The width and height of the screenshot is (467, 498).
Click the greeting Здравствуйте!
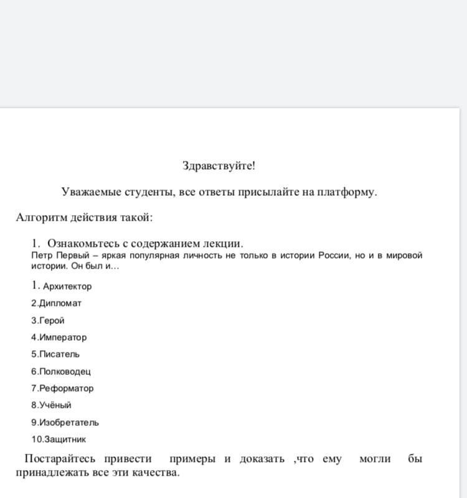(219, 166)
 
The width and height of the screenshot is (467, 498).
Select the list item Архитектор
(67, 287)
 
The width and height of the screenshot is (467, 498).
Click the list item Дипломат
(60, 303)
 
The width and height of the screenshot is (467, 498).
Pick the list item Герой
(52, 321)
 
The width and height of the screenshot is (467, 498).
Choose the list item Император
(63, 338)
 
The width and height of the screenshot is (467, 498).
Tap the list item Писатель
(59, 354)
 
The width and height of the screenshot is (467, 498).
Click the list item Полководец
(65, 372)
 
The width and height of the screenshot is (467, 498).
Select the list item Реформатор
(66, 389)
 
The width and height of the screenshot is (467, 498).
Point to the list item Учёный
(55, 405)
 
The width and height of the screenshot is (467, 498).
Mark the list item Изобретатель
(68, 423)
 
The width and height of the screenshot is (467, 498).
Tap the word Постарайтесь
(60, 459)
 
